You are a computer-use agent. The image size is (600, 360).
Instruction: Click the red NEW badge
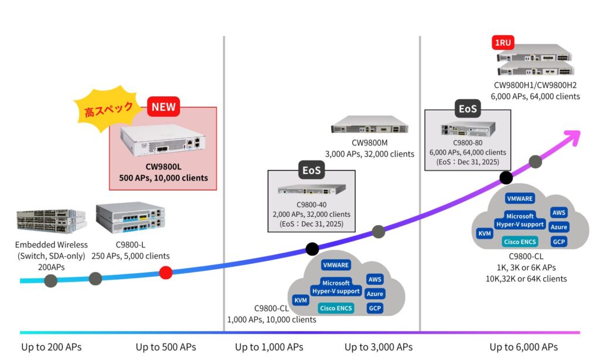[x=164, y=107]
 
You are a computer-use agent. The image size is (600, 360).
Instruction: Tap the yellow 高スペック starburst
[x=108, y=110]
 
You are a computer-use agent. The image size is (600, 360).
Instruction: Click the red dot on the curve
[x=166, y=272]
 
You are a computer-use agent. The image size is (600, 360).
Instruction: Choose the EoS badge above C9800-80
[x=468, y=108]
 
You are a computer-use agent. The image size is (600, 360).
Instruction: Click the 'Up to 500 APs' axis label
[x=166, y=347]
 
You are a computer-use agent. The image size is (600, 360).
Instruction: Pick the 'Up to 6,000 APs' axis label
[x=523, y=347]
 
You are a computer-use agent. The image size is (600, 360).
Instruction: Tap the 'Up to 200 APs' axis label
[x=51, y=347]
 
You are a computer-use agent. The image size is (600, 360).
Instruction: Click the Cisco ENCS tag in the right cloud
[x=520, y=242]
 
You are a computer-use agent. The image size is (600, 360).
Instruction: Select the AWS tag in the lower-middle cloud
[x=374, y=280]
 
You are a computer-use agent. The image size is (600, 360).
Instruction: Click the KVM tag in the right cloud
[x=485, y=234]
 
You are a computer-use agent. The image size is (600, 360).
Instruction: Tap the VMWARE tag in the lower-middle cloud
[x=336, y=265]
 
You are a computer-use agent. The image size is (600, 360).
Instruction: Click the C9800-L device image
[x=130, y=218]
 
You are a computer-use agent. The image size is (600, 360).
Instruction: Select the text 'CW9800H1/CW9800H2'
[x=536, y=86]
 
